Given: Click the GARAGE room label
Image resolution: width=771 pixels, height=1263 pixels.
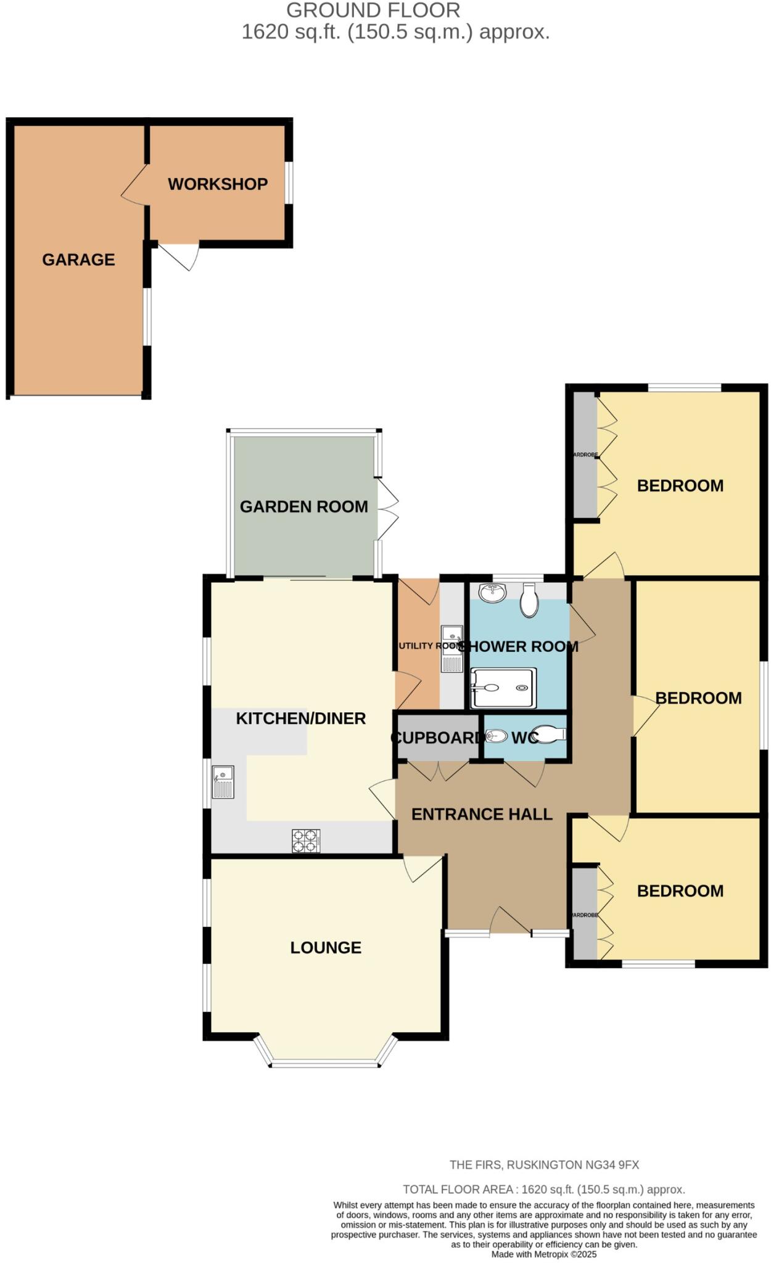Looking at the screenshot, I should click(78, 260).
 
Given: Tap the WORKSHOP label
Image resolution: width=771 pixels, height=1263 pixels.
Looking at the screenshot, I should click(218, 184).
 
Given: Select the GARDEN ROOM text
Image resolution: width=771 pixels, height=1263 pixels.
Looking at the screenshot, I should click(303, 506).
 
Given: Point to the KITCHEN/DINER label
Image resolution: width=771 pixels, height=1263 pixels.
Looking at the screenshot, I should click(301, 718).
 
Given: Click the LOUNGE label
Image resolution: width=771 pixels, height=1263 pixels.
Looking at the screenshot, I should click(326, 947).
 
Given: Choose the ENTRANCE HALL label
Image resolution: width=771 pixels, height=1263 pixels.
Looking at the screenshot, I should click(482, 814).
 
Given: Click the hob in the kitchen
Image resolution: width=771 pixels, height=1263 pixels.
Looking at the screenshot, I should click(306, 841).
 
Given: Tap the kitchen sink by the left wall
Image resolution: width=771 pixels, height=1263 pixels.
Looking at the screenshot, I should click(223, 781).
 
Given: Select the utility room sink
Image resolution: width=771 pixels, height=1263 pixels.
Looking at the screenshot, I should click(451, 649).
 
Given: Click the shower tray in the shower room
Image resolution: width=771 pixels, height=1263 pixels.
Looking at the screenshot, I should click(503, 688).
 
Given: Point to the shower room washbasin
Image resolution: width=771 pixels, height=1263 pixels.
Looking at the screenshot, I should click(492, 593).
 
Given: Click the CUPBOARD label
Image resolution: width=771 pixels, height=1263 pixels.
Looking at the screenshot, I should click(435, 738).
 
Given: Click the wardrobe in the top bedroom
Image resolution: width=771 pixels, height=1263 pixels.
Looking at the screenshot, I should click(585, 455).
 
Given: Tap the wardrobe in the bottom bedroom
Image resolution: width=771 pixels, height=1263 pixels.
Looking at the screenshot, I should click(585, 915).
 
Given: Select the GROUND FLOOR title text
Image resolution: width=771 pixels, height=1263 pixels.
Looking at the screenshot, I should click(373, 10).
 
